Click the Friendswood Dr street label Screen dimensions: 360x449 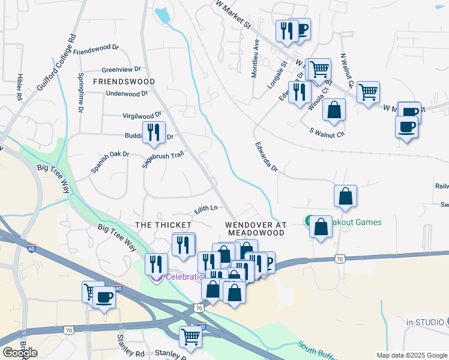point(97,50)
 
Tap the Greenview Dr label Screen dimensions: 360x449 point(121,69)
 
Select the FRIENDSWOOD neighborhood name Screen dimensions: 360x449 point(124,81)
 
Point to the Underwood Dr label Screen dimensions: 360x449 point(126,94)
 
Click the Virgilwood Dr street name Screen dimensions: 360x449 point(142,113)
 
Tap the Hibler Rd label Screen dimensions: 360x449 point(19,86)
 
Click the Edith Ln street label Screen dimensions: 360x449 point(205,209)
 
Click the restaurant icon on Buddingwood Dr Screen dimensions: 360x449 point(154,132)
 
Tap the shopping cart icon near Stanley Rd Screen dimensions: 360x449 point(191,337)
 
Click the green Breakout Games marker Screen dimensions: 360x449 point(310,221)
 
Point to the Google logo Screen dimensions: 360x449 point(20,352)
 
